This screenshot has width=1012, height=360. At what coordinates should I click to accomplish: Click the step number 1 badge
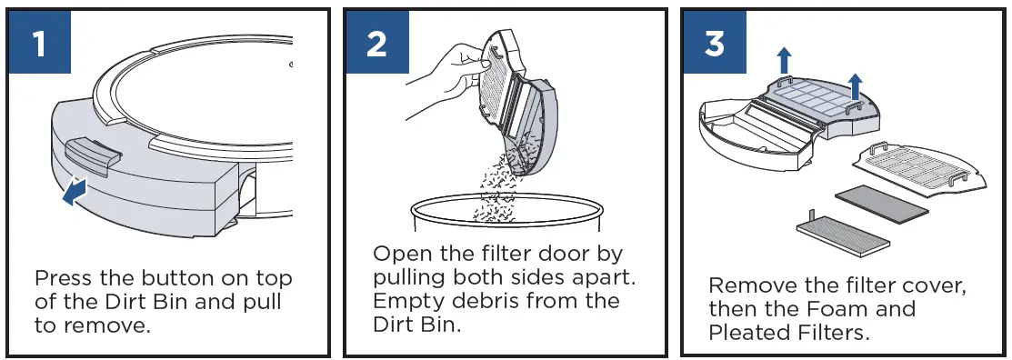click(x=37, y=43)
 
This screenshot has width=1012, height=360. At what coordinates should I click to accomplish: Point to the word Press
click(x=65, y=278)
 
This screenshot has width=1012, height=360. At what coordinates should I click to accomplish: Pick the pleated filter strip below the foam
click(x=842, y=235)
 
